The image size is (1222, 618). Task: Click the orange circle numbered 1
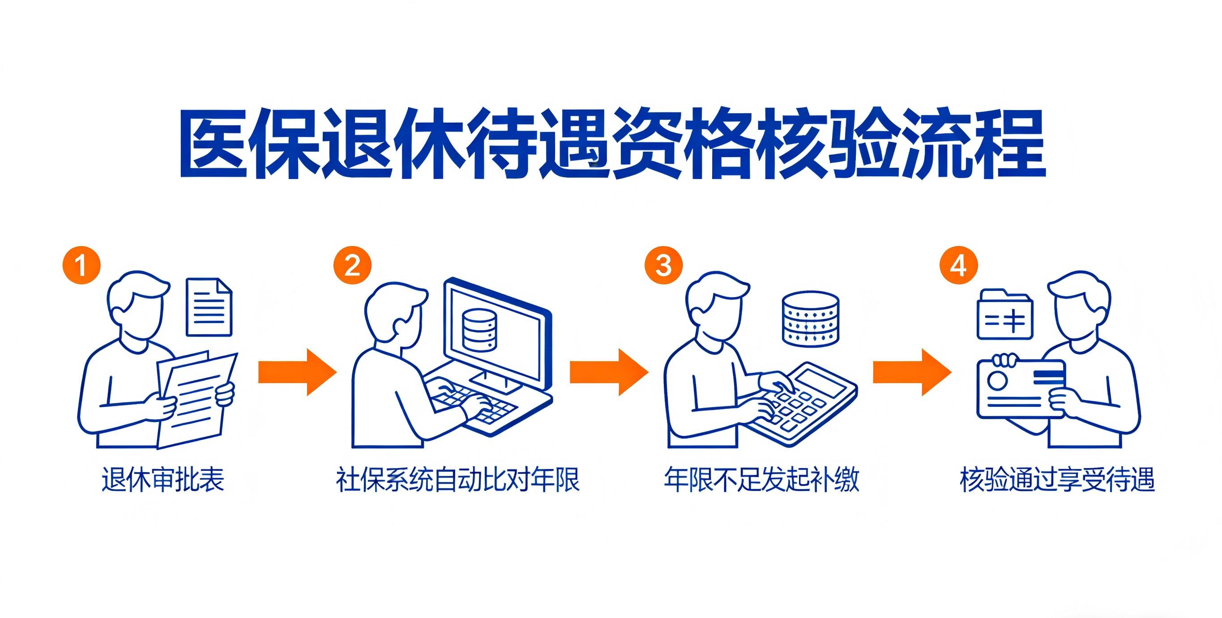tap(81, 264)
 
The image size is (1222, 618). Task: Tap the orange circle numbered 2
tap(352, 264)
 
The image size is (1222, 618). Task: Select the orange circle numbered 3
tap(663, 264)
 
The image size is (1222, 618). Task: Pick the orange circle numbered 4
tap(959, 264)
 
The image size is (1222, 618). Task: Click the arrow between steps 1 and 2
tap(297, 372)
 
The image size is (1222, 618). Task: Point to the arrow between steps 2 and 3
tap(609, 372)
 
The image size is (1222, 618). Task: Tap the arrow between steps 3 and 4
tap(912, 372)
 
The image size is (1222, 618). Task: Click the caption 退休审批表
tap(163, 480)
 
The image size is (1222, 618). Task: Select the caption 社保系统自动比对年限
tap(458, 480)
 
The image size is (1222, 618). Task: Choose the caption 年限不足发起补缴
tap(761, 480)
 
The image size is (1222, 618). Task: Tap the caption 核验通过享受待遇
tap(1057, 480)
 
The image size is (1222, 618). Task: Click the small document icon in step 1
tap(209, 307)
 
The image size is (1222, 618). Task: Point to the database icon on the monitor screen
tap(479, 330)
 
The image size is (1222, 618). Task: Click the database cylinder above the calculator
tap(810, 319)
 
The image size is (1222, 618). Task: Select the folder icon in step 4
tap(1005, 314)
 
